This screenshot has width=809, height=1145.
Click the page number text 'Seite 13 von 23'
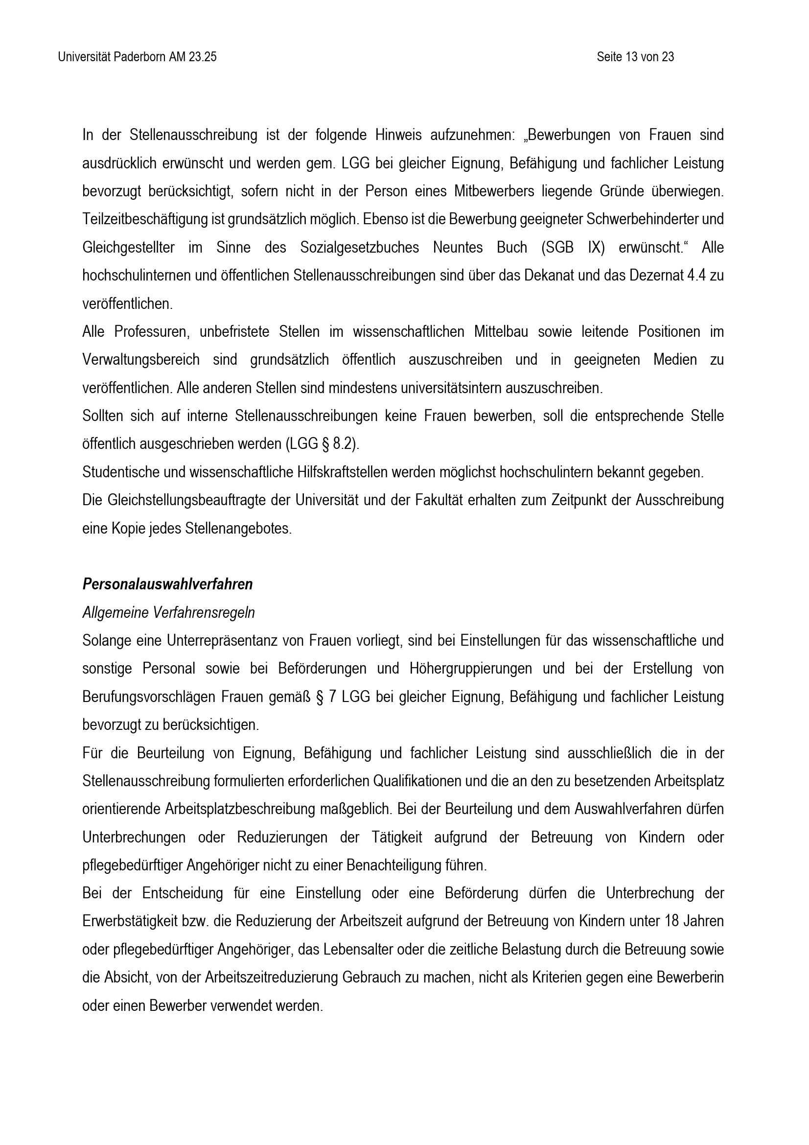point(635,57)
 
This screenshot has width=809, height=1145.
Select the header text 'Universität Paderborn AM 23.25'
point(137,57)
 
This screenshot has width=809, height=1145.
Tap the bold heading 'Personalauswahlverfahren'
point(167,584)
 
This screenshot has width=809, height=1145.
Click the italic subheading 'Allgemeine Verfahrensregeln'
point(168,612)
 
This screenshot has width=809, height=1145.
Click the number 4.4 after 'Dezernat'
point(695,276)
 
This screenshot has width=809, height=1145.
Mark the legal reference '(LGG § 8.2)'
point(322,444)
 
